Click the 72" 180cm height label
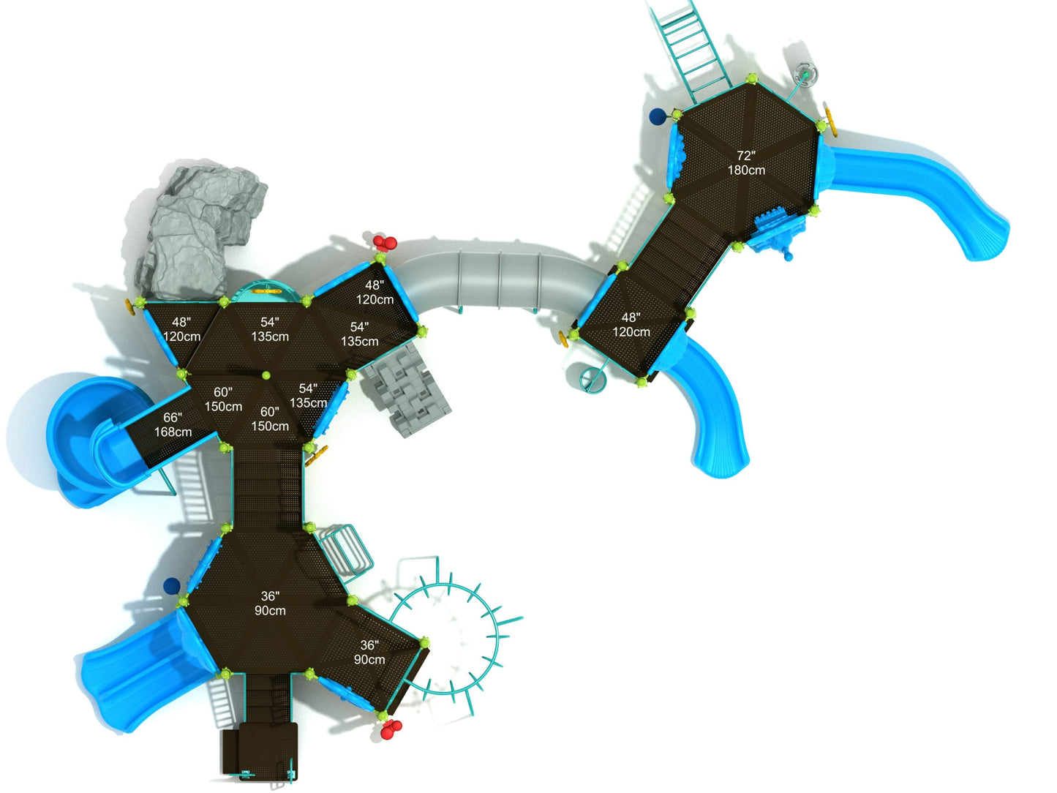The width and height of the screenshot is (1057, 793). coord(745,163)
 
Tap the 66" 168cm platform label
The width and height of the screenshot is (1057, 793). coord(173,425)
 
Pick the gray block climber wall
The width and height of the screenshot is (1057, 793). coord(403,391)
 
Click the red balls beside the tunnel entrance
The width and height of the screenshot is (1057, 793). coord(385,243)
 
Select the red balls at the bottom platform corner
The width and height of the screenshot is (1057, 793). coord(391,729)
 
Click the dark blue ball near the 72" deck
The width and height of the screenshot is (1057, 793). coord(658,116)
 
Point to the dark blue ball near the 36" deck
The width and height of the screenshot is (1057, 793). coord(172,585)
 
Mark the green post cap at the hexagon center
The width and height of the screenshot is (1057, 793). coord(266,375)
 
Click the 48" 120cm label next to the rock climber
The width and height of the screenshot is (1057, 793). coord(181,329)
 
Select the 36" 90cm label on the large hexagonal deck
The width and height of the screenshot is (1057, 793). coord(270,604)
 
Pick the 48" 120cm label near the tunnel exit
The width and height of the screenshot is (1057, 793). coord(631,325)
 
